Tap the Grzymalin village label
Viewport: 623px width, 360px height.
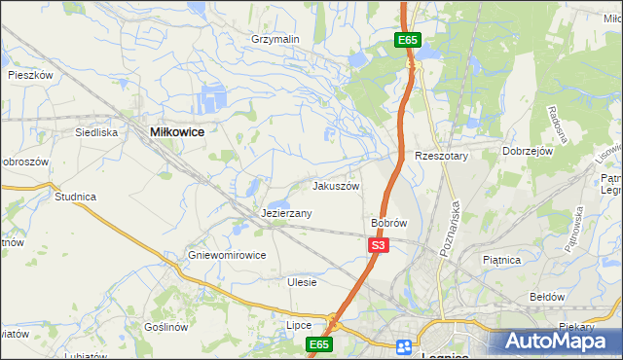click(x=275, y=39)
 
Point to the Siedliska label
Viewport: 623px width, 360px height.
click(x=96, y=131)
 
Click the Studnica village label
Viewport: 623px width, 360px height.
click(x=76, y=197)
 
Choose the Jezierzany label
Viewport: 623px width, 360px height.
click(x=286, y=213)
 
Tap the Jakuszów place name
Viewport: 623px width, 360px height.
click(x=336, y=186)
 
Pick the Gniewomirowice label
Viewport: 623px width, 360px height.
click(x=227, y=255)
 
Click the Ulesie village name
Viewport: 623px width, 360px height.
click(x=303, y=282)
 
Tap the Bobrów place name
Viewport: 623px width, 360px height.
click(x=388, y=223)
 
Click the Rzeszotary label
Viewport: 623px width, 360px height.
click(x=442, y=156)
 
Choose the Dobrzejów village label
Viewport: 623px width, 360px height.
click(x=528, y=152)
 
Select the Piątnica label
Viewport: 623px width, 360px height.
click(x=502, y=260)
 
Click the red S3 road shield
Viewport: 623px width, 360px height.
click(x=379, y=247)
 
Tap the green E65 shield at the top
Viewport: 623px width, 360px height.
click(x=408, y=40)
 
